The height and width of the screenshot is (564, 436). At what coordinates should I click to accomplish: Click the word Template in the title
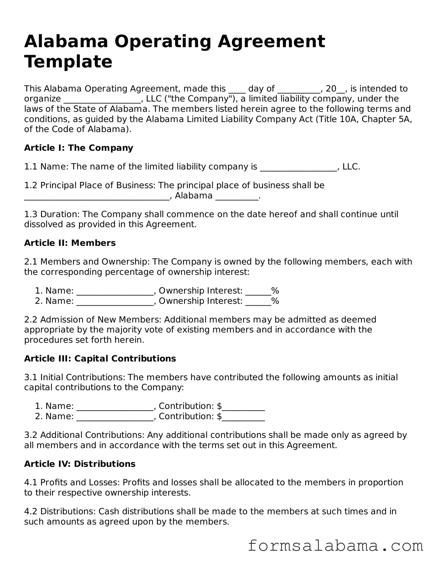[68, 62]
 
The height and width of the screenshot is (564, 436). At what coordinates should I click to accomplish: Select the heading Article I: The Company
[78, 148]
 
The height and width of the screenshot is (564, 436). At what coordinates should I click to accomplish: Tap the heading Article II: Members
[70, 243]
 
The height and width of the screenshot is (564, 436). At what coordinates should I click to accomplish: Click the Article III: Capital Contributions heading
[100, 358]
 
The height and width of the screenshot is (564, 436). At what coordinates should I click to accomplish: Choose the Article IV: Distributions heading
[80, 464]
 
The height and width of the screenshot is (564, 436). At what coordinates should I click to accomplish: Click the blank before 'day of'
[237, 90]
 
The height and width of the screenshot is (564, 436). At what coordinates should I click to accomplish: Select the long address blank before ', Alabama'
[97, 197]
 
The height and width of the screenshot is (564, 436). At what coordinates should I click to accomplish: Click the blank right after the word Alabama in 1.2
[237, 197]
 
